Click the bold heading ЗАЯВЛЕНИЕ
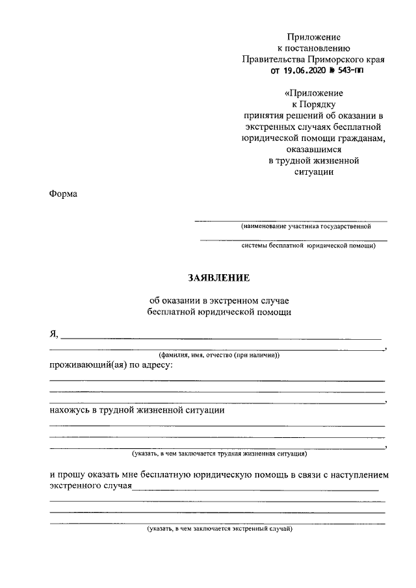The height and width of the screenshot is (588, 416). (x=218, y=277)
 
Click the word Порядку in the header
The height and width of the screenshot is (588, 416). (x=314, y=104)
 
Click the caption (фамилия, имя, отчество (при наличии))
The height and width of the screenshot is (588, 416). (x=219, y=355)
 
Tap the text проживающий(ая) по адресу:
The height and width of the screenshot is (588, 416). (x=111, y=366)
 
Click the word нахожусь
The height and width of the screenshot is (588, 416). (x=70, y=410)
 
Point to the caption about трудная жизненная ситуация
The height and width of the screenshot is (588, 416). (x=219, y=454)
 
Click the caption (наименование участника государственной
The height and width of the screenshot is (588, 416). (x=305, y=227)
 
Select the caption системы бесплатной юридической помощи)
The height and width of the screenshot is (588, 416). (x=308, y=246)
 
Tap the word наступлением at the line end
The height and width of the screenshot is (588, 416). (x=359, y=475)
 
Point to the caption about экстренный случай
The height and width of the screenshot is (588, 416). (x=220, y=529)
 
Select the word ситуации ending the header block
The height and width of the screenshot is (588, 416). (x=314, y=172)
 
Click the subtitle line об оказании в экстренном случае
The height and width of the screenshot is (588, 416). (x=218, y=301)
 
